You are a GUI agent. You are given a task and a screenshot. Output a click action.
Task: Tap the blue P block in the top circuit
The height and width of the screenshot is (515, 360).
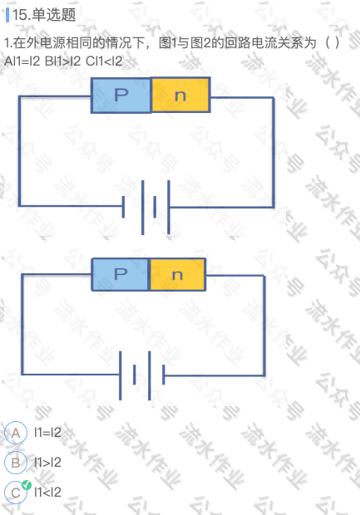coord(121,96)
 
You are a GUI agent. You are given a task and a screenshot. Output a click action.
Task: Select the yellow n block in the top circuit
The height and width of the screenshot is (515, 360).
coord(180,95)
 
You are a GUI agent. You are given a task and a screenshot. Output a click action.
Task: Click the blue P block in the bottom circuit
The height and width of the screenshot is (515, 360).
coord(121,274)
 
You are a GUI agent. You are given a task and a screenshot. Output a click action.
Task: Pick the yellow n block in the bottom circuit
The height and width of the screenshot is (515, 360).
coord(178,275)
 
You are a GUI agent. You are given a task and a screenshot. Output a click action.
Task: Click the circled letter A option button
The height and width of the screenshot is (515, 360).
coord(16,433)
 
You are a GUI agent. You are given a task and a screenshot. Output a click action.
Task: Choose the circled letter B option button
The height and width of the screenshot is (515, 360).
coord(16,463)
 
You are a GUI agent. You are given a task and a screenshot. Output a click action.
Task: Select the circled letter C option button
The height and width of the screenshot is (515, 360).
coord(16,493)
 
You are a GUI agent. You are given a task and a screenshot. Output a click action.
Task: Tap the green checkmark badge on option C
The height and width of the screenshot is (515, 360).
coord(27,485)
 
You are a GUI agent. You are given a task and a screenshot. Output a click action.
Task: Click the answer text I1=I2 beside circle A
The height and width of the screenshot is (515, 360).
coord(47,433)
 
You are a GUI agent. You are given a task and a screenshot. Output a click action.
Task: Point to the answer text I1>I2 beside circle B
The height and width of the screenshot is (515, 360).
coord(47,463)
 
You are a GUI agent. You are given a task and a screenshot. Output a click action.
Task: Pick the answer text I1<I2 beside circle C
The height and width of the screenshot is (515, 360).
coord(47,492)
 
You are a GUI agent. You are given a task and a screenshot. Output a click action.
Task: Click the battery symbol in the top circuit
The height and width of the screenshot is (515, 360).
coord(146,208)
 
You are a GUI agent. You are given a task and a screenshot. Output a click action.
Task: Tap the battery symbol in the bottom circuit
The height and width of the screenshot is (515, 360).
coord(142,375)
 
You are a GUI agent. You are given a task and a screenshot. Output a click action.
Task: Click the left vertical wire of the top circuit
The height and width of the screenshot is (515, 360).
coord(19,151)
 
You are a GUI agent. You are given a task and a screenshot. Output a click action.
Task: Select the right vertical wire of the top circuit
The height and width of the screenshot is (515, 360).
coord(274,152)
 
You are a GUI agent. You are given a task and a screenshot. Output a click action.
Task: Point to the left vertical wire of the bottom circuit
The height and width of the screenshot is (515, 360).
coord(22,324)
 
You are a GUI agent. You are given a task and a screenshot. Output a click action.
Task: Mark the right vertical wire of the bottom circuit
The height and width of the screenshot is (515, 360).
coord(264,326)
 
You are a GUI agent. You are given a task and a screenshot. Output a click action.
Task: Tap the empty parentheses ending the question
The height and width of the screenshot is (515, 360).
coord(332,43)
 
